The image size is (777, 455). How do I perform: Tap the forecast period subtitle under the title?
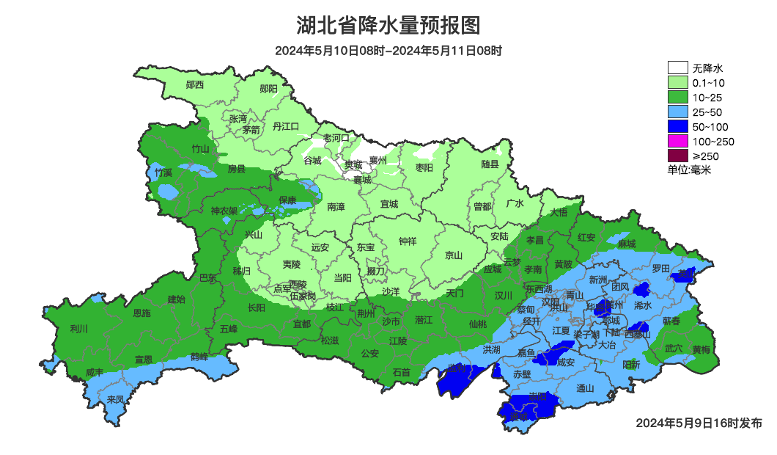[388, 51]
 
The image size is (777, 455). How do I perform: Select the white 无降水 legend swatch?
[677, 68]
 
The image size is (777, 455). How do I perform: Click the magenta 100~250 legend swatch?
[677, 141]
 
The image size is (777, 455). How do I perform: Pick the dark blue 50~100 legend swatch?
[677, 126]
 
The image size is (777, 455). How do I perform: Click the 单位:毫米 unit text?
[689, 170]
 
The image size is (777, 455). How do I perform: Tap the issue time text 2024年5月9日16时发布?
[699, 423]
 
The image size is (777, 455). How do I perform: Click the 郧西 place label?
[195, 84]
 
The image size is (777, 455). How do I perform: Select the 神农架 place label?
[224, 211]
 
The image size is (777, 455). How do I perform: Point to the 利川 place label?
[78, 328]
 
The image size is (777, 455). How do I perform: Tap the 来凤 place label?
[116, 399]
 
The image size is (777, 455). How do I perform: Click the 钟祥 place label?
[408, 241]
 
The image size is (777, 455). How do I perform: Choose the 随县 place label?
[490, 164]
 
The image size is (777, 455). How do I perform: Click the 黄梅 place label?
[701, 349]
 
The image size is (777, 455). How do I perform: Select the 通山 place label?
[585, 388]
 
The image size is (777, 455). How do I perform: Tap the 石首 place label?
[401, 372]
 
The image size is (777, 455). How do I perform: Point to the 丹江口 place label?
[286, 126]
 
